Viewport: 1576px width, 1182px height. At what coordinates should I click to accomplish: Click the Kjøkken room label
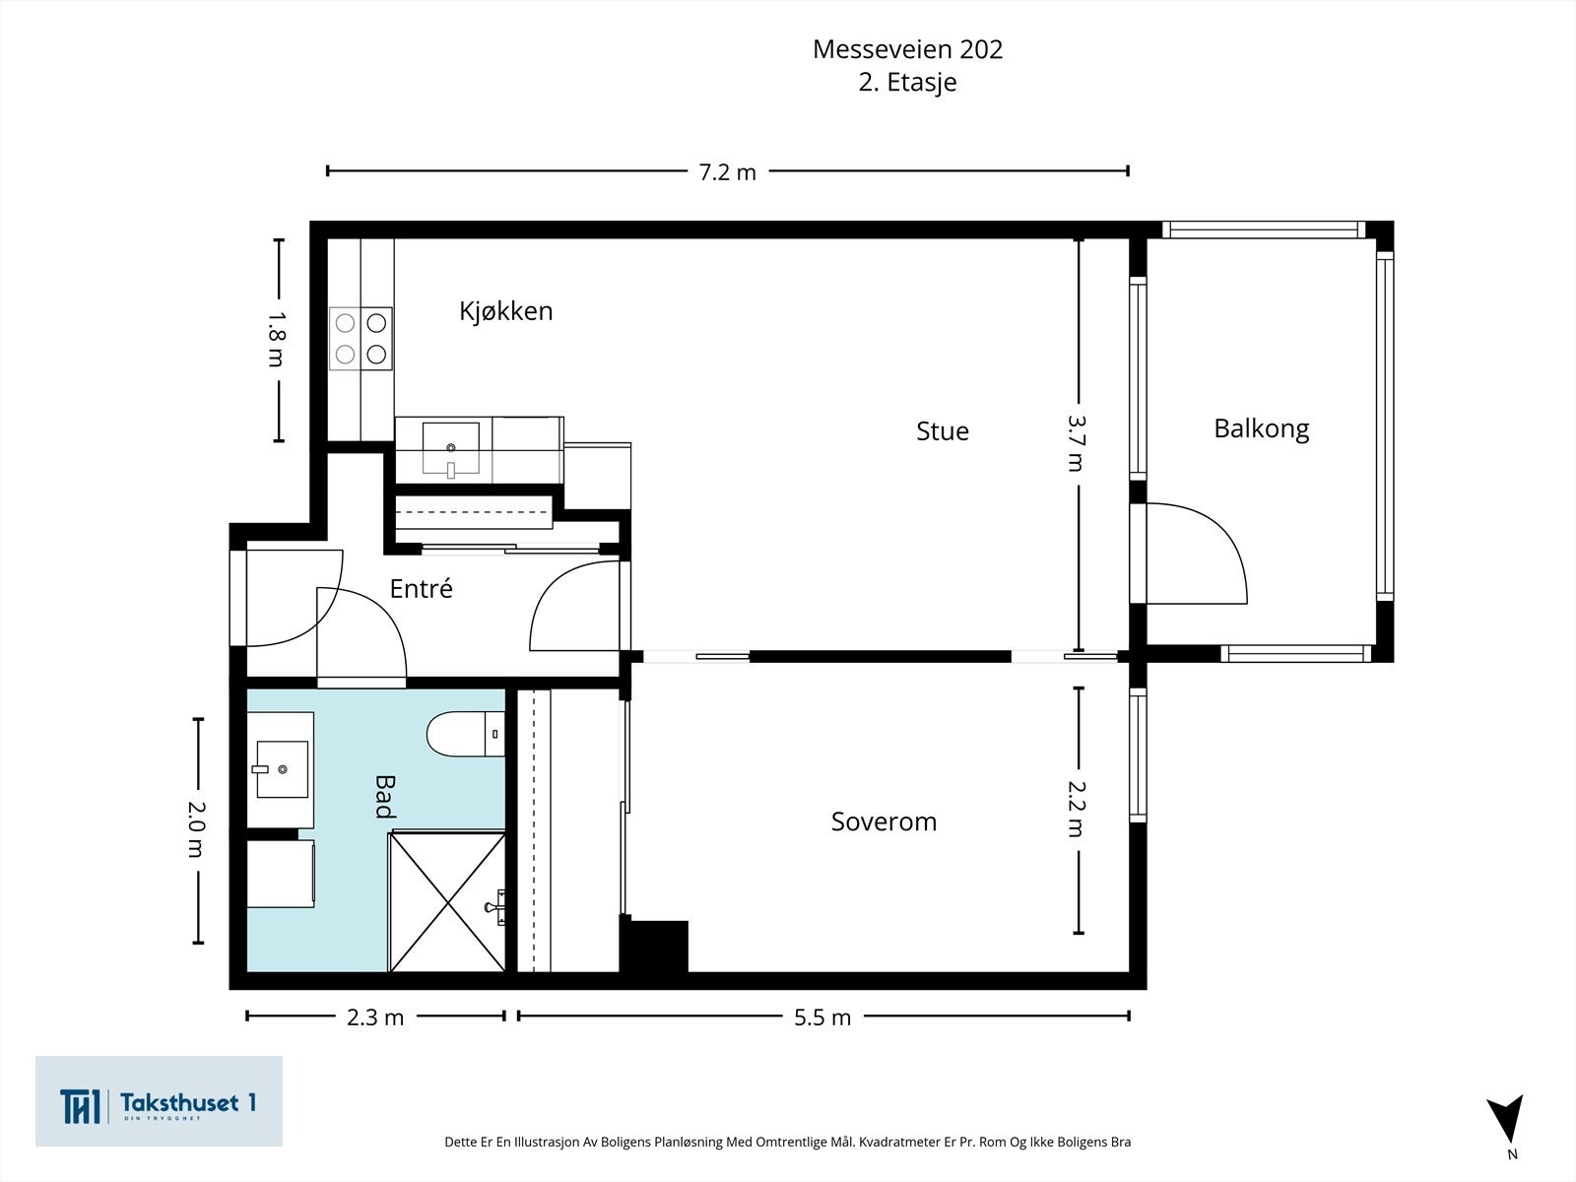(505, 311)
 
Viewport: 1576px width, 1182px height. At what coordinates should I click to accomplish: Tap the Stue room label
(942, 431)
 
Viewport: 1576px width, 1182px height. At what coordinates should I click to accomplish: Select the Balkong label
(1261, 428)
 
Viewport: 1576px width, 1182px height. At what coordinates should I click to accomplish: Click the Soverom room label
(884, 821)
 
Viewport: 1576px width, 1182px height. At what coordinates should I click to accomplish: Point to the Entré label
(421, 589)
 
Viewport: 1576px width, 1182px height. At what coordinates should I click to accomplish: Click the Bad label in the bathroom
(384, 796)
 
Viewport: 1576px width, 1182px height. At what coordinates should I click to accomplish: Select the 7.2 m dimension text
(727, 172)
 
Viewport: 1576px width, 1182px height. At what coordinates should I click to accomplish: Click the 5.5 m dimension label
(821, 1018)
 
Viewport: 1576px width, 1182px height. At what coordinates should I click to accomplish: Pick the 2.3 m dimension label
(374, 1018)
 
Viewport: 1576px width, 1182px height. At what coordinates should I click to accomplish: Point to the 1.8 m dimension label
(277, 339)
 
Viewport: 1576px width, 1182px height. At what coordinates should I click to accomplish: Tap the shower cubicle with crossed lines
(448, 900)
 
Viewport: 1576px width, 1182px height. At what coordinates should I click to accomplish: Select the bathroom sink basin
(282, 769)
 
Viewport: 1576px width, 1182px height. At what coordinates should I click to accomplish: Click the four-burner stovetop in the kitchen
(361, 338)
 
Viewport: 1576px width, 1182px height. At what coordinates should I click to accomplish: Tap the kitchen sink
(451, 448)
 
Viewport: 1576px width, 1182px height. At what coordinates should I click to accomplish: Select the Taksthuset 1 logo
(159, 1101)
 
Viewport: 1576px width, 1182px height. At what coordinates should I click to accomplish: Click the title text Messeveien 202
(907, 49)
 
